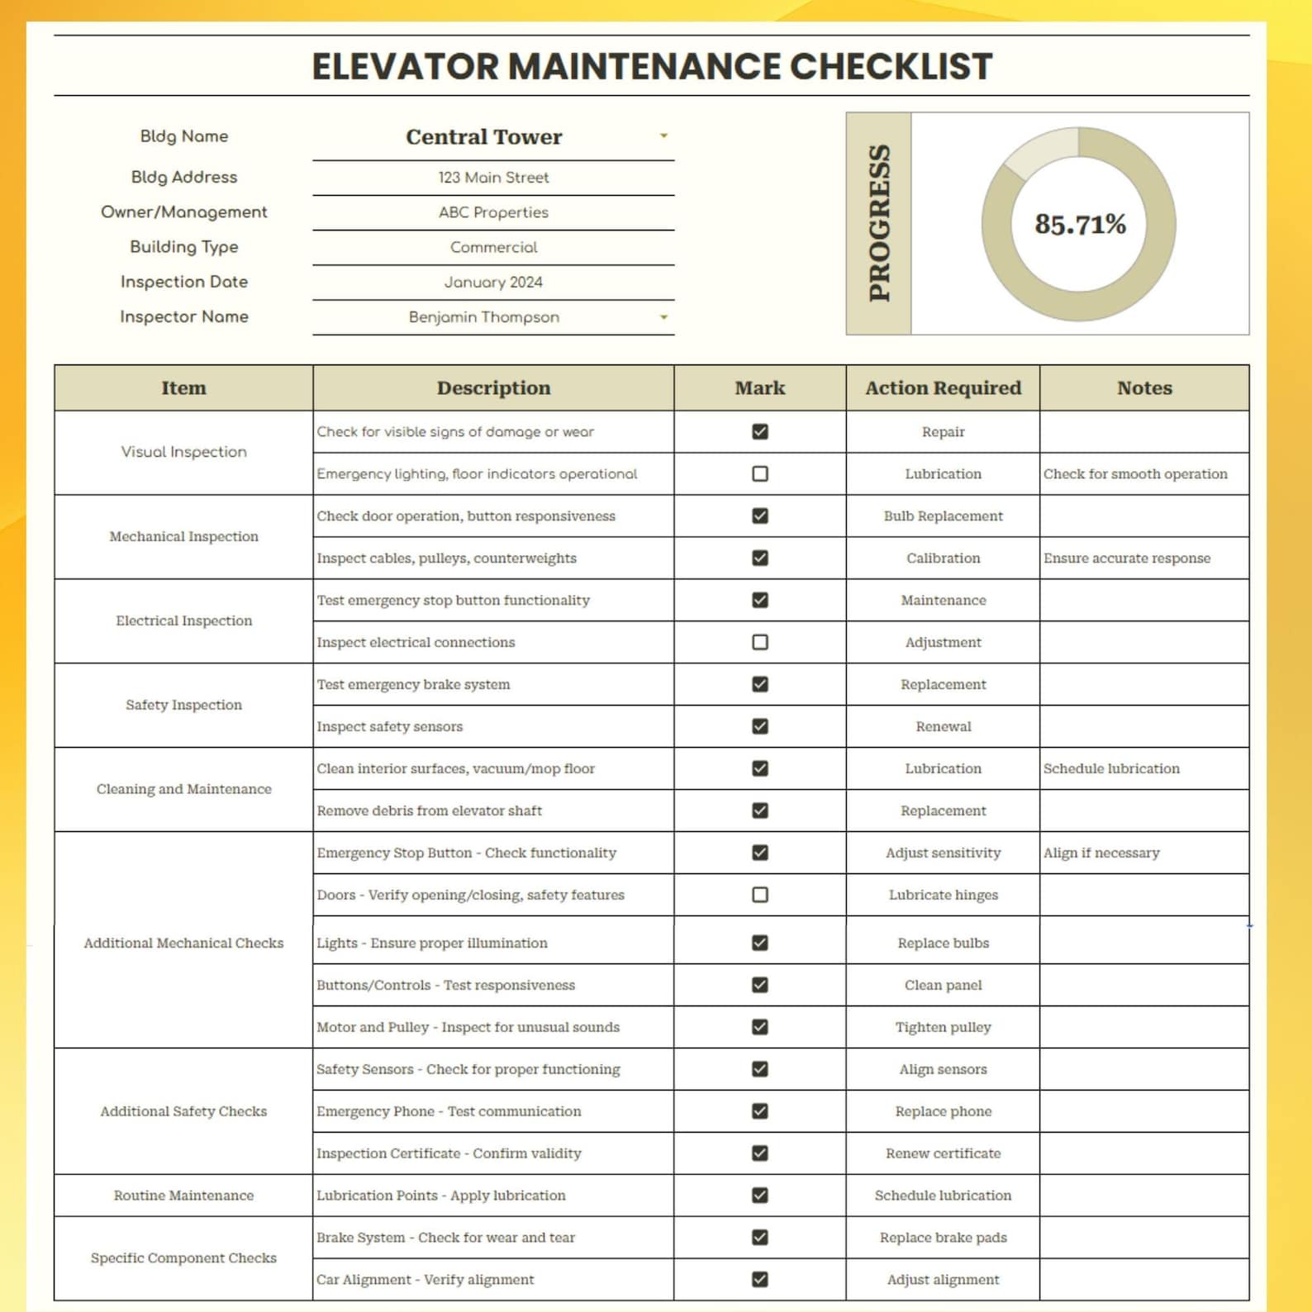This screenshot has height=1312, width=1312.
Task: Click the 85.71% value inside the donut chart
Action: (x=1080, y=224)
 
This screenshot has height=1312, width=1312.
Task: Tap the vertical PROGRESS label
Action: (x=879, y=223)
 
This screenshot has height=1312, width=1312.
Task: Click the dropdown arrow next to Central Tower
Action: (x=663, y=135)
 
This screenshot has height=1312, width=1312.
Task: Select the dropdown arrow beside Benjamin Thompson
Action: (x=663, y=317)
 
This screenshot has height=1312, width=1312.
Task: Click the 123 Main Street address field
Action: (x=493, y=178)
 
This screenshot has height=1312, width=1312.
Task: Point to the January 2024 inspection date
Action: (x=493, y=283)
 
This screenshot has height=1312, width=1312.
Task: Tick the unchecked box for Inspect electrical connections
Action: (x=760, y=642)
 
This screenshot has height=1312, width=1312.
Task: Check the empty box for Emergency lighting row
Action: (x=760, y=473)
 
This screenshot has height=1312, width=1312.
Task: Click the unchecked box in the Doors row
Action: (x=760, y=895)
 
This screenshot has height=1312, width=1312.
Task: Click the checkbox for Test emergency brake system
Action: (x=760, y=684)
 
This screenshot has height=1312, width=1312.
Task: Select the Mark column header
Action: (x=760, y=388)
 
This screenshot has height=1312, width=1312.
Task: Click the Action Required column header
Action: (x=943, y=388)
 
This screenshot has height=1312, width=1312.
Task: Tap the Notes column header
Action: (x=1144, y=388)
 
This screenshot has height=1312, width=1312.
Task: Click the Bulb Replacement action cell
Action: (x=943, y=516)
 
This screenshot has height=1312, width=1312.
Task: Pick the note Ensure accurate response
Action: (x=1126, y=559)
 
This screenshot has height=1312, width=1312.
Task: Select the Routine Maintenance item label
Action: (x=183, y=1196)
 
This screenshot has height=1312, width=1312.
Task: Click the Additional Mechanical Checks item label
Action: (x=183, y=943)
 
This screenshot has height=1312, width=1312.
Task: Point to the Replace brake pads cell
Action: (x=943, y=1238)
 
